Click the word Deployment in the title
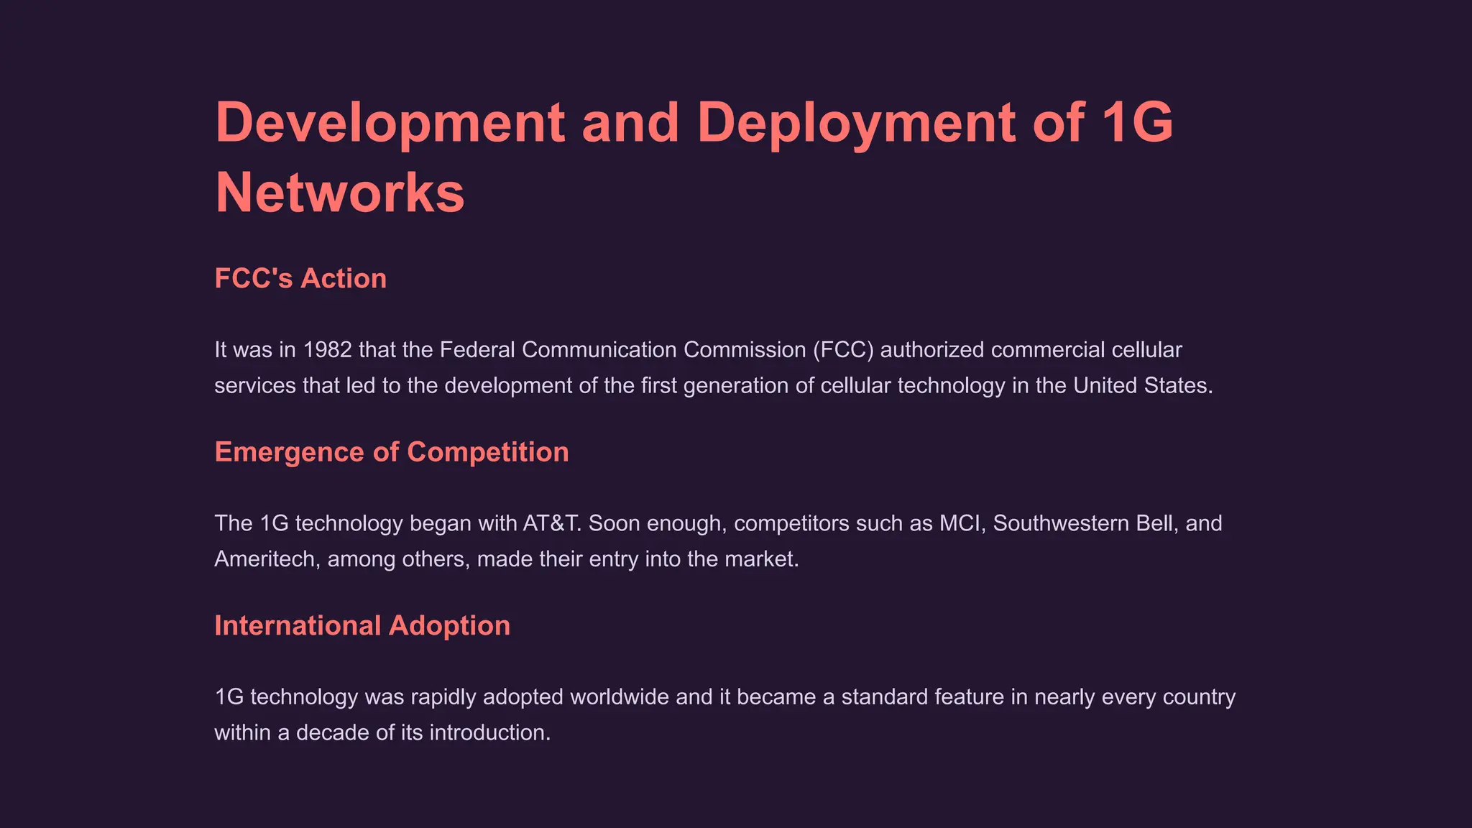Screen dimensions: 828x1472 (856, 122)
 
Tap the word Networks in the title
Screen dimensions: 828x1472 (340, 193)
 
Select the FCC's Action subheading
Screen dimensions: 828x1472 (300, 278)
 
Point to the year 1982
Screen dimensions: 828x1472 (328, 350)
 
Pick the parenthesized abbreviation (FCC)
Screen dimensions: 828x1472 (843, 350)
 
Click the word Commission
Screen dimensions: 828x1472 (745, 350)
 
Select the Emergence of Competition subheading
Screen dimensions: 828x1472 (392, 452)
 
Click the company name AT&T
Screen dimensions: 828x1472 (551, 523)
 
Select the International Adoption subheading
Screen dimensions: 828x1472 (362, 625)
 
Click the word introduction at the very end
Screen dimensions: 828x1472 (489, 733)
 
